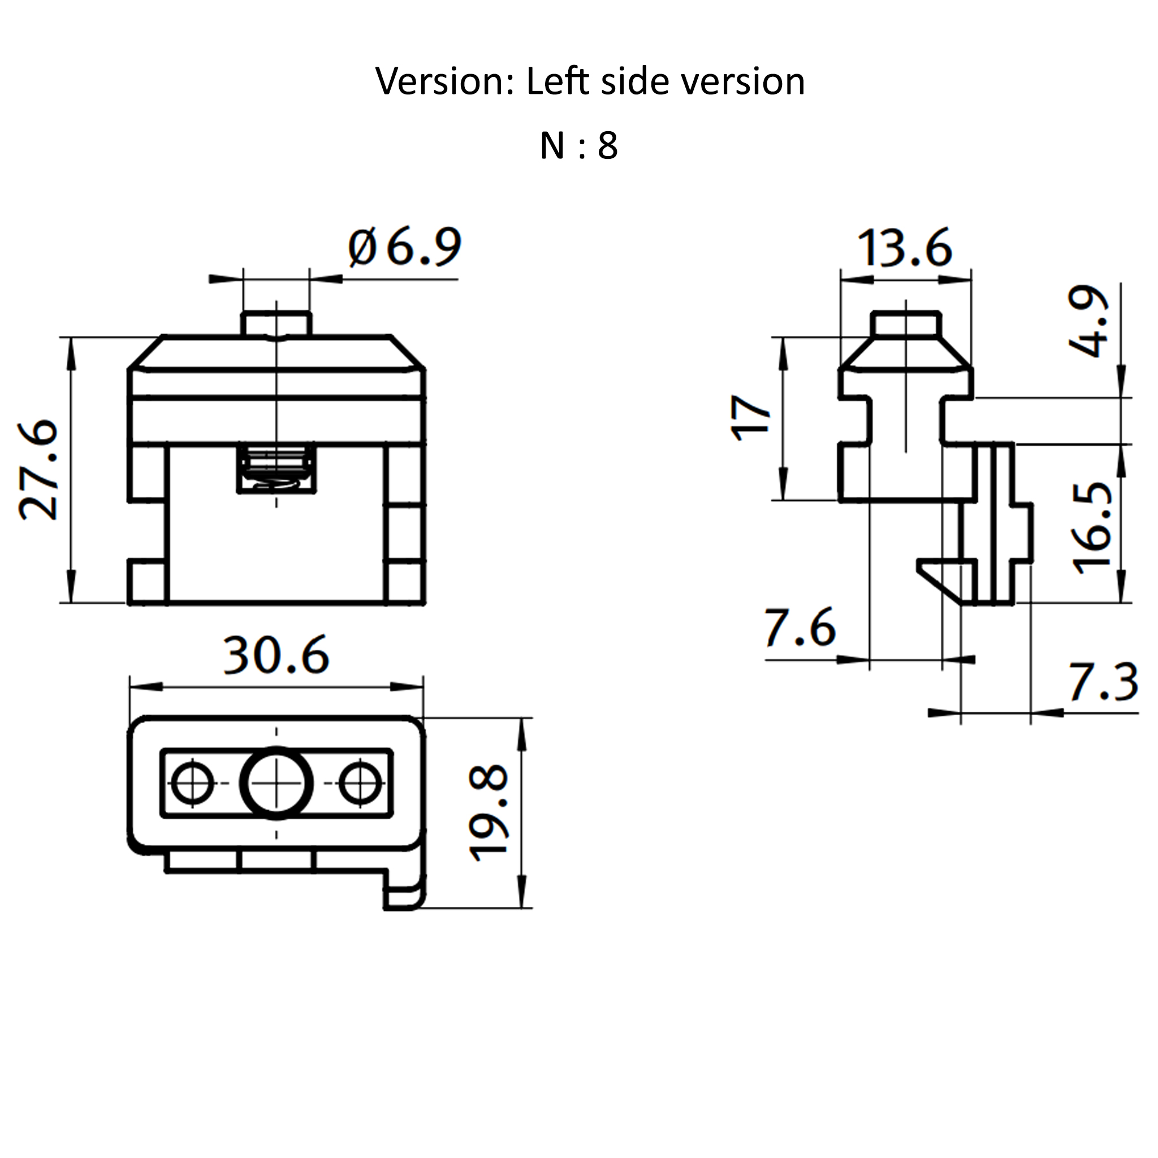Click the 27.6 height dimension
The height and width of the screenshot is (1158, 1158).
[40, 469]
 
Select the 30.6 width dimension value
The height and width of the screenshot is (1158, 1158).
[276, 655]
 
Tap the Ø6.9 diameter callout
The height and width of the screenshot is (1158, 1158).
[405, 247]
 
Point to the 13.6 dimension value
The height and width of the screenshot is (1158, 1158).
[905, 248]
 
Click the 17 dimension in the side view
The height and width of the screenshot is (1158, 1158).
[751, 418]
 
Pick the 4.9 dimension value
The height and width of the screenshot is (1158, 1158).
[1089, 322]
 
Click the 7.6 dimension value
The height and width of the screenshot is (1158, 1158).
[800, 628]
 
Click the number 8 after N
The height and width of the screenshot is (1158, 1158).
[607, 146]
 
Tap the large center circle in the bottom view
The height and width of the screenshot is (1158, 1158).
[276, 783]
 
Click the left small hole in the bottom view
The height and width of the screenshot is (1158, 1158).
[192, 783]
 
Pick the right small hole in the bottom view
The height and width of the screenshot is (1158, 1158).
[360, 783]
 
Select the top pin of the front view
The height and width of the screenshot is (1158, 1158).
[276, 323]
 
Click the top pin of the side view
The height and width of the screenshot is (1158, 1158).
[905, 323]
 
